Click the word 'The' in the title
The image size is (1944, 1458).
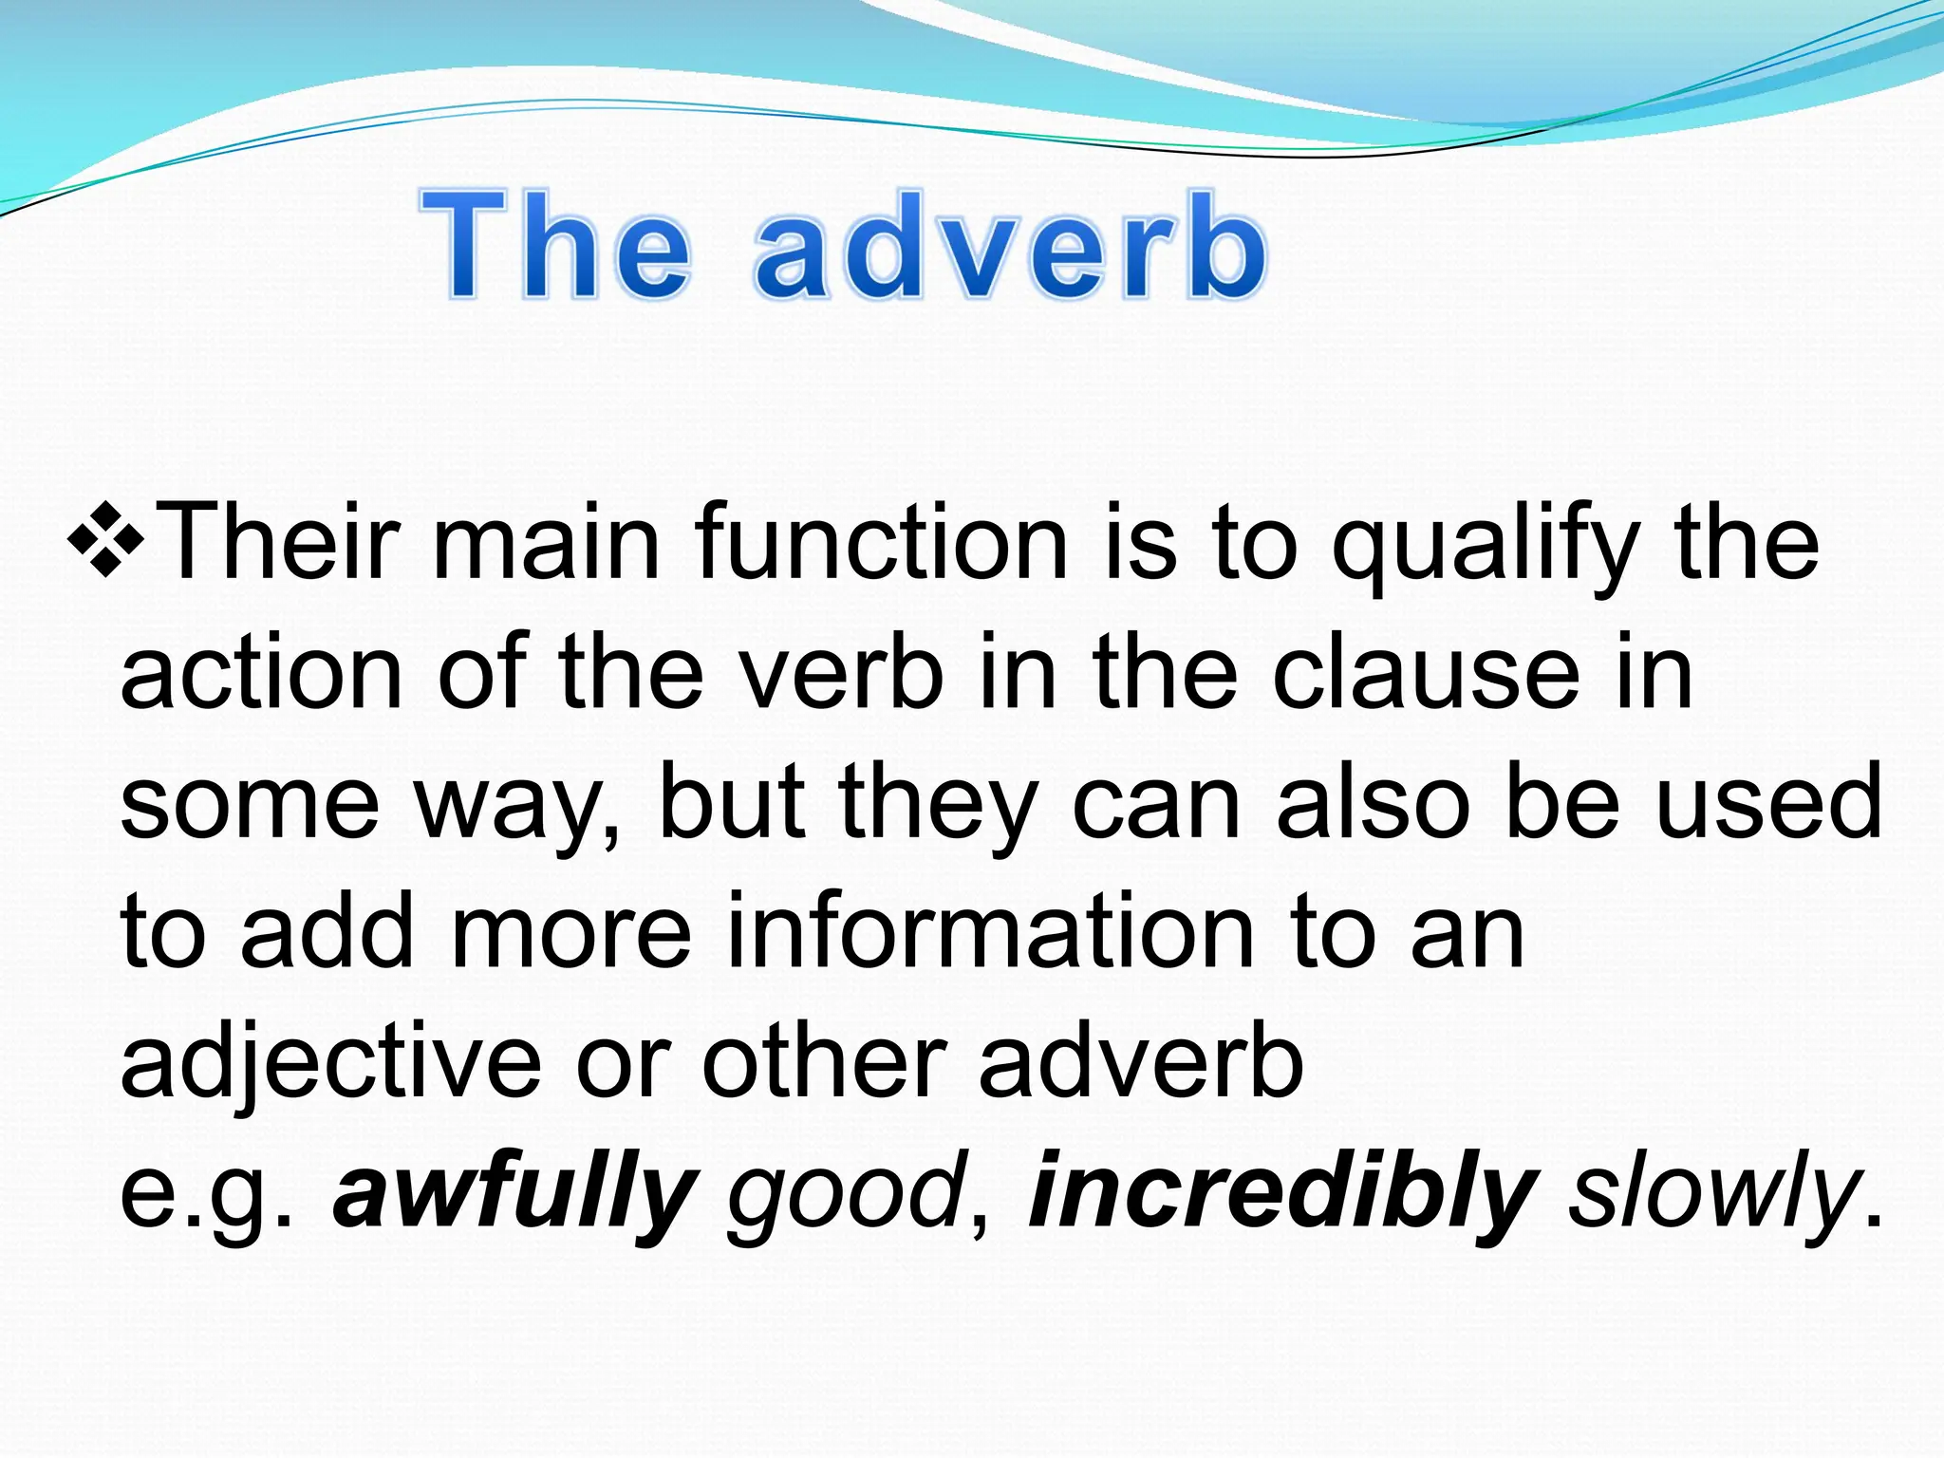tap(555, 246)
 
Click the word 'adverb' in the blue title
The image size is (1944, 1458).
tap(1011, 246)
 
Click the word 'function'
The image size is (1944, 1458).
tap(883, 544)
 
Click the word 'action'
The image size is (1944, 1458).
tap(262, 674)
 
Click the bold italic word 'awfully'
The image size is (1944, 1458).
tap(514, 1194)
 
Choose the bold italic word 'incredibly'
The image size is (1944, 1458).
tap(1282, 1194)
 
